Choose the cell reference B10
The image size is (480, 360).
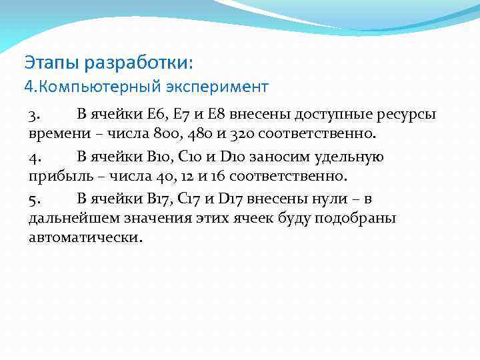[163, 157]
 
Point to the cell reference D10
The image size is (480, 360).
[229, 157]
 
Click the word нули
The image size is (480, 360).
[334, 201]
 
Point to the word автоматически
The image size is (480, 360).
[85, 238]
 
